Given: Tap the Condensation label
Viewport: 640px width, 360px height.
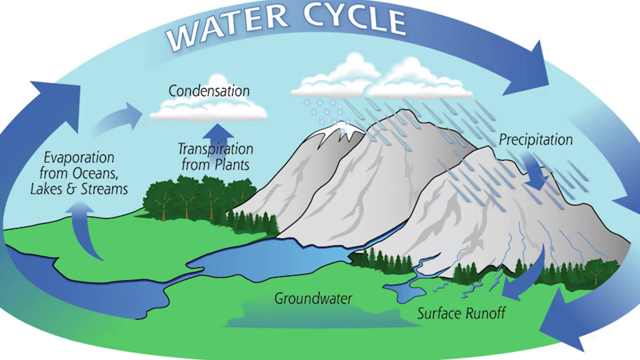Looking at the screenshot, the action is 209,91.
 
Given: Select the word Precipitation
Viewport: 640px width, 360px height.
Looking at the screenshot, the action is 535,139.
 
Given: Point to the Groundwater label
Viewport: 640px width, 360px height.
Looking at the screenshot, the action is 313,299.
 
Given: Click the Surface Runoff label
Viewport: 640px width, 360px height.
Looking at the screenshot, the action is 461,313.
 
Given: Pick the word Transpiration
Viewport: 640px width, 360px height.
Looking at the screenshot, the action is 215,149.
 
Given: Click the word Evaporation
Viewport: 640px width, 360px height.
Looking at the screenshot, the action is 79,157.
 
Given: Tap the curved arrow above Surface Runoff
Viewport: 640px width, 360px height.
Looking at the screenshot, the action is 531,277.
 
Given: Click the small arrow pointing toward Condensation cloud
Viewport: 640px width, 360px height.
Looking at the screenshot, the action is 119,119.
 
